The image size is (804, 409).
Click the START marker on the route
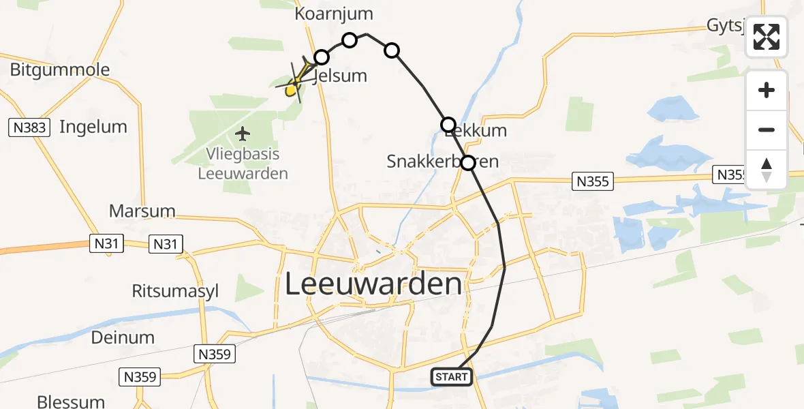click(x=452, y=377)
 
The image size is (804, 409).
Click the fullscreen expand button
click(x=767, y=37)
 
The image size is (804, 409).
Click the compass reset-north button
click(x=767, y=170)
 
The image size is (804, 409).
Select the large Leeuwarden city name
click(x=373, y=284)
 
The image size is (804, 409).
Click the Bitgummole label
click(x=60, y=70)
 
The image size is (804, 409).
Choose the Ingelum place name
click(x=93, y=126)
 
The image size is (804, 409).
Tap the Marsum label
click(x=142, y=211)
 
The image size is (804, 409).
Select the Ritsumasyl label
click(x=176, y=291)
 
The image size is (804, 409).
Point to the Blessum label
click(x=72, y=402)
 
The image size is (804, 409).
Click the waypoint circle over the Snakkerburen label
click(x=468, y=163)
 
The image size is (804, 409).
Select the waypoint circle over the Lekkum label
click(x=448, y=124)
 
